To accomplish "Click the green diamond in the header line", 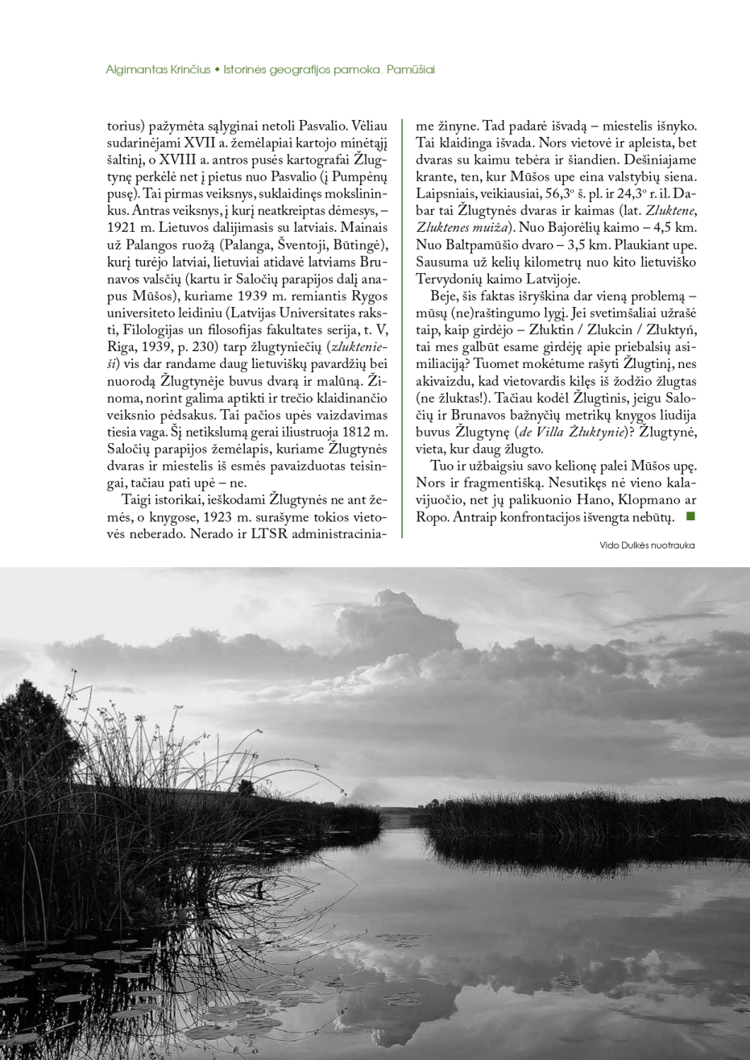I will [x=218, y=69].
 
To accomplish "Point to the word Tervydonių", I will [x=450, y=279].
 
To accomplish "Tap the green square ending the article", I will [x=689, y=516].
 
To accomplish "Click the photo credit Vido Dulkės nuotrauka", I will [x=647, y=545].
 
